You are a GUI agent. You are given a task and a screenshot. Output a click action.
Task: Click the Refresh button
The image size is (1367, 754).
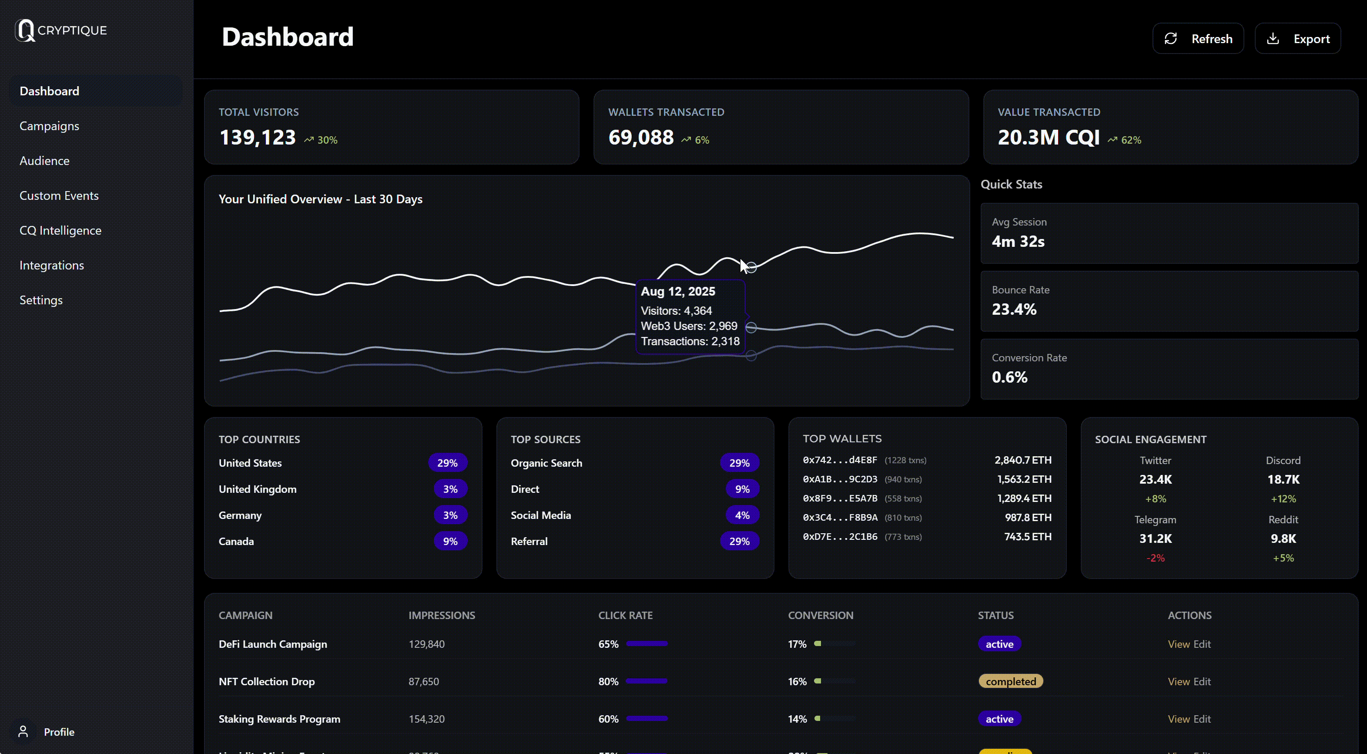(x=1198, y=39)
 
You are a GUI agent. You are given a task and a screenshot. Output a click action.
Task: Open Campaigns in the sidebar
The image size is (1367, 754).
(x=49, y=126)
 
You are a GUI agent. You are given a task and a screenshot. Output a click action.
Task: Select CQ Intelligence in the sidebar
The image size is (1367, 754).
(x=60, y=230)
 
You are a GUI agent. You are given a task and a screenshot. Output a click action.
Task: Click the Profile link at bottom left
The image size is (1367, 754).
(x=58, y=732)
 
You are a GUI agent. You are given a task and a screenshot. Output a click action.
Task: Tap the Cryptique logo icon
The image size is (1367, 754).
(x=24, y=30)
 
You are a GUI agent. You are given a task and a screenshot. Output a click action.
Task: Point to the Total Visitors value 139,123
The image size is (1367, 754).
(x=258, y=138)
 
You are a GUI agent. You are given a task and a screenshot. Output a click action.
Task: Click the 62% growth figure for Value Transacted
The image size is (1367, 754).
(x=1131, y=140)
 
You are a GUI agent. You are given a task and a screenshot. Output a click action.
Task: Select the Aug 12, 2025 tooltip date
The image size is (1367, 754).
(x=678, y=292)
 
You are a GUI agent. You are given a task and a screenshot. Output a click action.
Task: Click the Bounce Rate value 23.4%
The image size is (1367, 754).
(x=1014, y=309)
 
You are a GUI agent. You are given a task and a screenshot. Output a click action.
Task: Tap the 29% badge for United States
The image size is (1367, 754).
(x=447, y=463)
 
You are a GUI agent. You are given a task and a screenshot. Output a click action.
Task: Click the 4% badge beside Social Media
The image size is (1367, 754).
(x=742, y=515)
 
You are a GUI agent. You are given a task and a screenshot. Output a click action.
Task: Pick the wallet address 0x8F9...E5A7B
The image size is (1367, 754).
(x=840, y=498)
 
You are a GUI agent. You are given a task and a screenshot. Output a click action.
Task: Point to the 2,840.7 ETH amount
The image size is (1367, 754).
(x=1022, y=460)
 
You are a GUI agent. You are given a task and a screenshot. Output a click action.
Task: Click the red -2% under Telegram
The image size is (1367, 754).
(x=1155, y=558)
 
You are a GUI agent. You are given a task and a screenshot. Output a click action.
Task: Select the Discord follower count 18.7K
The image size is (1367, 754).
(x=1283, y=479)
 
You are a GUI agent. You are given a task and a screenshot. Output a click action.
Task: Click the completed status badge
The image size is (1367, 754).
(x=1010, y=681)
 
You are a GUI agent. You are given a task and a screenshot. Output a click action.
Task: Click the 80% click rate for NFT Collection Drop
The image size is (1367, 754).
(x=608, y=681)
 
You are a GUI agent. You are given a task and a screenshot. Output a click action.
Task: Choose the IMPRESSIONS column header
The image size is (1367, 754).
(x=442, y=616)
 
